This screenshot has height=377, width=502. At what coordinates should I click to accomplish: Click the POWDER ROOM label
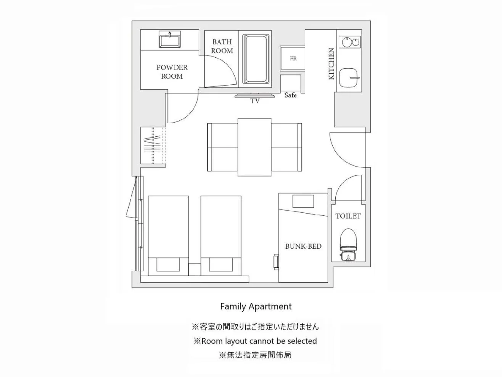172,71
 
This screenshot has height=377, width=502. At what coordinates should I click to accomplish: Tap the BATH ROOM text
222,46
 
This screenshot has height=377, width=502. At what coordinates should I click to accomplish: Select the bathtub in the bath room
257,59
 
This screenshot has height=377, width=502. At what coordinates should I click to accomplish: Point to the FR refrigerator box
293,58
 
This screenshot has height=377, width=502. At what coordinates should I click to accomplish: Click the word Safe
290,95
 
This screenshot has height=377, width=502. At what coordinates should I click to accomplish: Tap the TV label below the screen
255,101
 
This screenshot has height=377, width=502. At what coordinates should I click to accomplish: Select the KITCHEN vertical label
331,63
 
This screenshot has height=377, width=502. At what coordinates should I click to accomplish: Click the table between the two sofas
254,147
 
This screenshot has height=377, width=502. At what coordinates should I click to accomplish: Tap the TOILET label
348,216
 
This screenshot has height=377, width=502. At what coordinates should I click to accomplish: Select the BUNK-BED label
303,246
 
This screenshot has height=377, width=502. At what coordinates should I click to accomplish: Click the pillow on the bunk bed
303,201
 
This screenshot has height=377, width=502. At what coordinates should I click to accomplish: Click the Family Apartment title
256,306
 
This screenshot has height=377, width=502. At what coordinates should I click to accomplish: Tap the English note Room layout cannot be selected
255,341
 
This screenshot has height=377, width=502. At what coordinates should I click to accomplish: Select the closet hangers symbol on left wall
152,146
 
